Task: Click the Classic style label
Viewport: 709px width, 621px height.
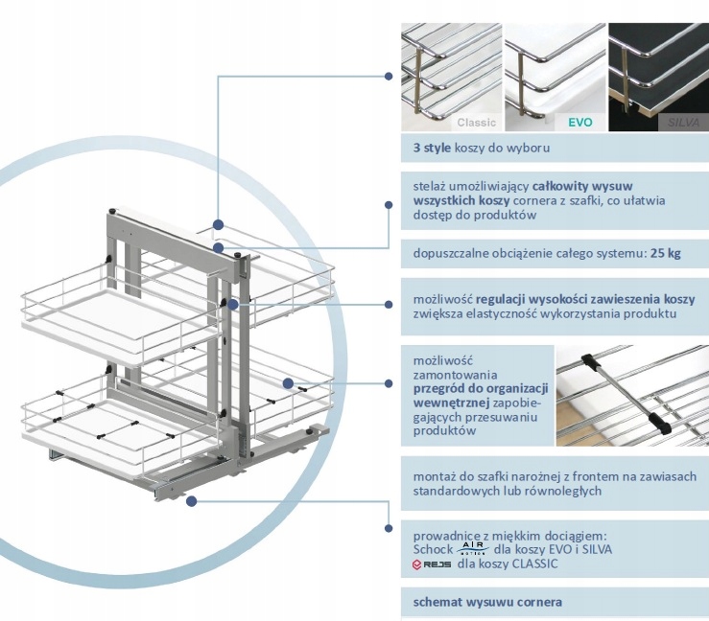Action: tap(476, 122)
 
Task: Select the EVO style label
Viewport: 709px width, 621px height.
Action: tap(579, 122)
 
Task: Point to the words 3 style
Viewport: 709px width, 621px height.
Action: tap(432, 149)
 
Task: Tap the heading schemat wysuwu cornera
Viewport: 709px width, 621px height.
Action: tap(487, 602)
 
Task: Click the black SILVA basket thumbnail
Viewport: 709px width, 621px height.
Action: tap(658, 77)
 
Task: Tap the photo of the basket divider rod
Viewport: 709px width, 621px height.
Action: tap(631, 395)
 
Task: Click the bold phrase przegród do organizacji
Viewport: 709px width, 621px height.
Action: tap(480, 388)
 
